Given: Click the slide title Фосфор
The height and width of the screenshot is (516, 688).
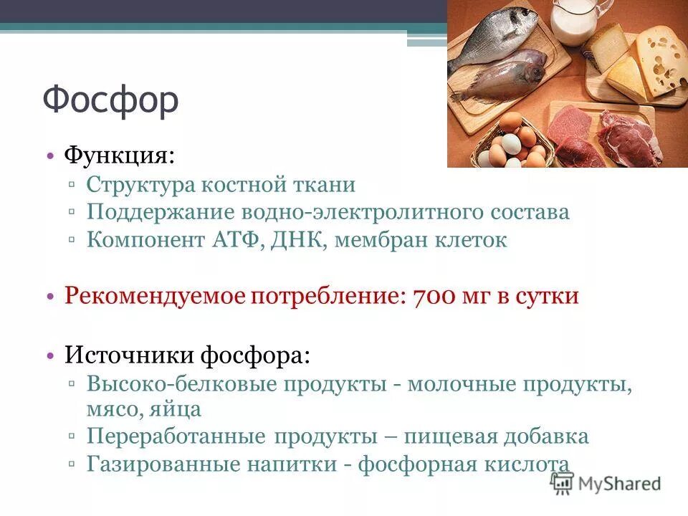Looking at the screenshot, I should pyautogui.click(x=110, y=100).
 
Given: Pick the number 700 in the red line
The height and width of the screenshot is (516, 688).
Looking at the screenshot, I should pyautogui.click(x=434, y=296).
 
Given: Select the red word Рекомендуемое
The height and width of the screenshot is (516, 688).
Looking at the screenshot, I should pyautogui.click(x=154, y=296).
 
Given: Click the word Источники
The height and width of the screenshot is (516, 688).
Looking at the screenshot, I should pyautogui.click(x=129, y=354).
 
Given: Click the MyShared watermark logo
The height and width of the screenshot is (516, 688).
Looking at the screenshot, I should pyautogui.click(x=606, y=484).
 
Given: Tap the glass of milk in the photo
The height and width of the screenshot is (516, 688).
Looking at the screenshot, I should pyautogui.click(x=573, y=21).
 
